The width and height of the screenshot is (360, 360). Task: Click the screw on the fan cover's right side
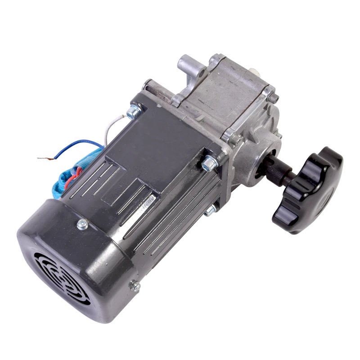[134, 284]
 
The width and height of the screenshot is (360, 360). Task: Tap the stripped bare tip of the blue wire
[43, 158]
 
